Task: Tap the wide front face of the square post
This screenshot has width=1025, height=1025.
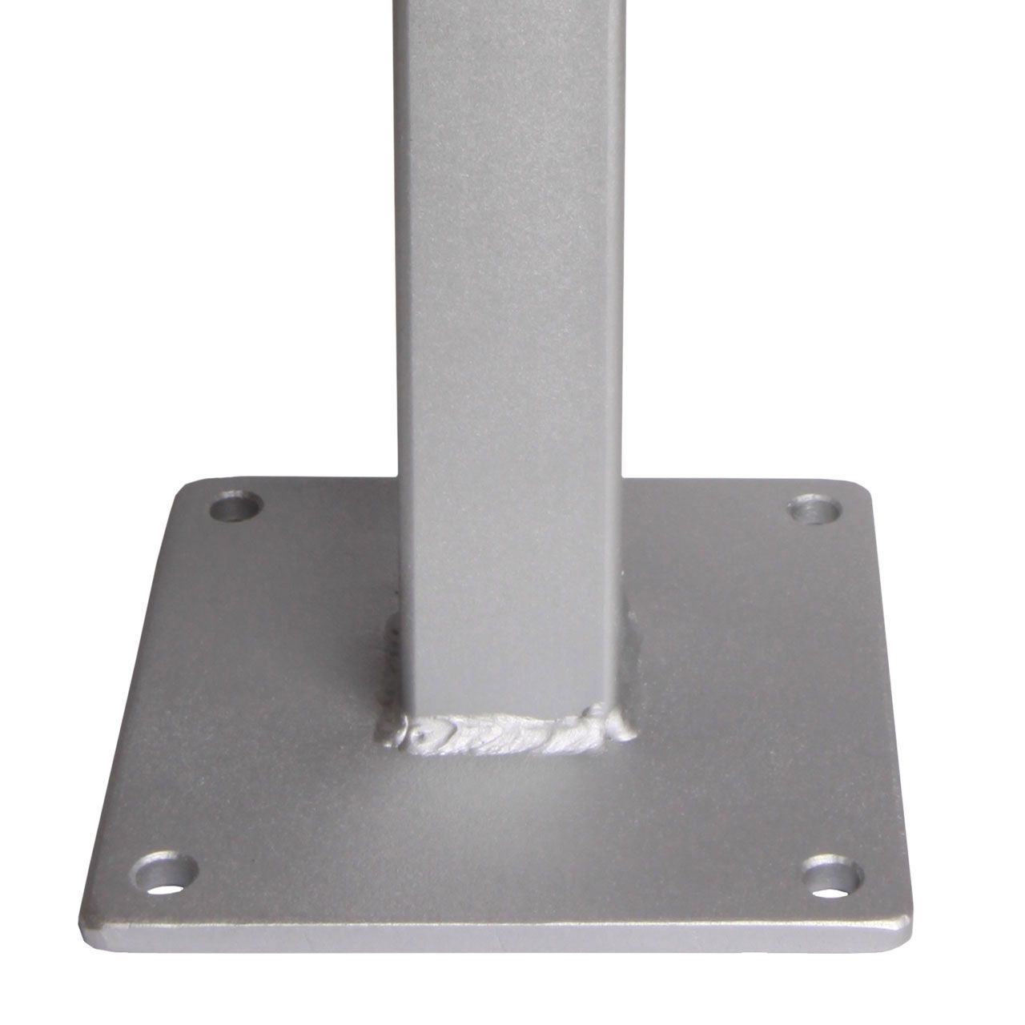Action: [512, 320]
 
